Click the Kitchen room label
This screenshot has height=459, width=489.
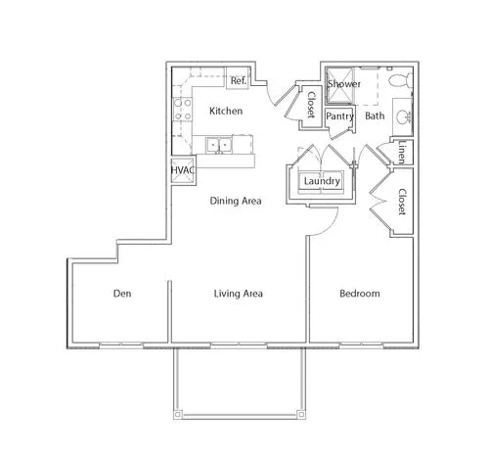click(x=226, y=111)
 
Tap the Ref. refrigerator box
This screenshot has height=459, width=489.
click(x=239, y=77)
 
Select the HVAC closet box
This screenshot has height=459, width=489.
click(x=183, y=170)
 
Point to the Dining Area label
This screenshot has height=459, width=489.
click(x=236, y=201)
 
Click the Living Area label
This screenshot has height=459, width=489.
click(x=239, y=294)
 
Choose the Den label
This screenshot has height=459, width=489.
click(x=122, y=294)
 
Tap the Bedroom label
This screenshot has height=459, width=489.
click(x=360, y=294)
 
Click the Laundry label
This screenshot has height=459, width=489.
click(x=322, y=181)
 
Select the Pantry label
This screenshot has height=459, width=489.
click(x=340, y=116)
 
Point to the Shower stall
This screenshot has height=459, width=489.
click(x=340, y=85)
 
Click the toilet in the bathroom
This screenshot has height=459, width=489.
click(x=400, y=80)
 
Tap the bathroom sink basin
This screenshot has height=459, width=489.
click(x=404, y=117)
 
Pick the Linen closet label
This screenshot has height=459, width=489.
click(x=402, y=153)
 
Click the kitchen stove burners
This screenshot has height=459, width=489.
click(x=182, y=110)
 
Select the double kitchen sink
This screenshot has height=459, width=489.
click(x=218, y=145)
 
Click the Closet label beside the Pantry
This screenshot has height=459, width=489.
click(x=311, y=105)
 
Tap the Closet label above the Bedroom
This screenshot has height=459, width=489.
click(x=402, y=202)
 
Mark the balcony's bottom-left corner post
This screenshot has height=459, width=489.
click(x=177, y=415)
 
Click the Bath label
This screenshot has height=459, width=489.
click(x=375, y=115)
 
